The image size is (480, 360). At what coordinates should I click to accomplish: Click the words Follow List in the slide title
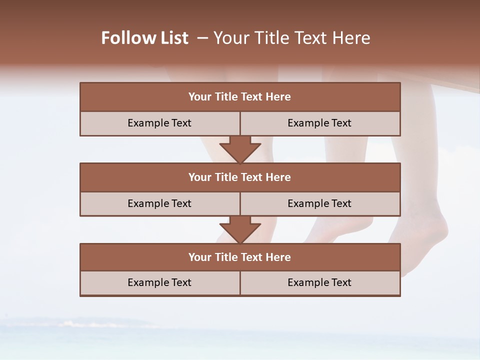pos(144,38)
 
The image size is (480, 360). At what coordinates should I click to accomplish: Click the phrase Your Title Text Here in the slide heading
pos(291,38)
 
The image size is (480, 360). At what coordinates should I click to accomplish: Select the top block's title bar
pos(240,97)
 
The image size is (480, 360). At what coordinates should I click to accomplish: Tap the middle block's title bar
pos(240,177)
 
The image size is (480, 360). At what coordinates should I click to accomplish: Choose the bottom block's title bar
pos(240,257)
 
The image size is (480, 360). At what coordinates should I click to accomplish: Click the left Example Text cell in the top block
pos(160,123)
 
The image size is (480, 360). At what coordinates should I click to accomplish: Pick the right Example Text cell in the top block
pos(320,123)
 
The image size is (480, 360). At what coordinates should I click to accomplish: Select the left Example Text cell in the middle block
pos(160,203)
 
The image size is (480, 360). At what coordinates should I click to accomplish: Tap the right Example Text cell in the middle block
pos(320,203)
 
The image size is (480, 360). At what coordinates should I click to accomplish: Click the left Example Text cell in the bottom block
pos(160,282)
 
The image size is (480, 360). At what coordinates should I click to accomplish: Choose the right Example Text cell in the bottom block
pos(320,282)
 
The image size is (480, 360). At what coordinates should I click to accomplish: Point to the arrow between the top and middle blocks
pos(240,149)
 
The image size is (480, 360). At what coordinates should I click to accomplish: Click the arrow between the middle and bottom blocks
pos(240,229)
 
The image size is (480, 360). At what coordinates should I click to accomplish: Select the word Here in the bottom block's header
pos(278,257)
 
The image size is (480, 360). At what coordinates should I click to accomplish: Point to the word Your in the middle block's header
pos(199,177)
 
